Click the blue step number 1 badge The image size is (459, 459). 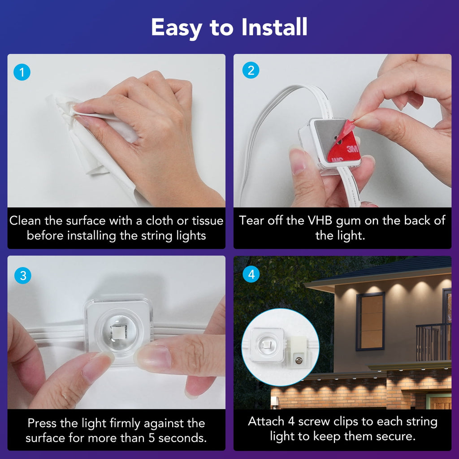(22, 72)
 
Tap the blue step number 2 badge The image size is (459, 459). (251, 70)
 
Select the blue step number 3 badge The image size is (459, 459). (23, 276)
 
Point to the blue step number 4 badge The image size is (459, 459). (251, 274)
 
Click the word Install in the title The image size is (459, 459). (274, 27)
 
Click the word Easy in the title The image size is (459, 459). (176, 28)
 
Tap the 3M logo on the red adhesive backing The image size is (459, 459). (352, 149)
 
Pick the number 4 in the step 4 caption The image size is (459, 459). (291, 421)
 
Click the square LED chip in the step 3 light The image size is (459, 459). (118, 332)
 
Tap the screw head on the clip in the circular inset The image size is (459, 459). (299, 361)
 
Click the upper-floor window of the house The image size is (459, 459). (370, 321)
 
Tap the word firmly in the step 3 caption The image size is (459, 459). (126, 423)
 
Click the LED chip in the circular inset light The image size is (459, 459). (267, 345)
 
